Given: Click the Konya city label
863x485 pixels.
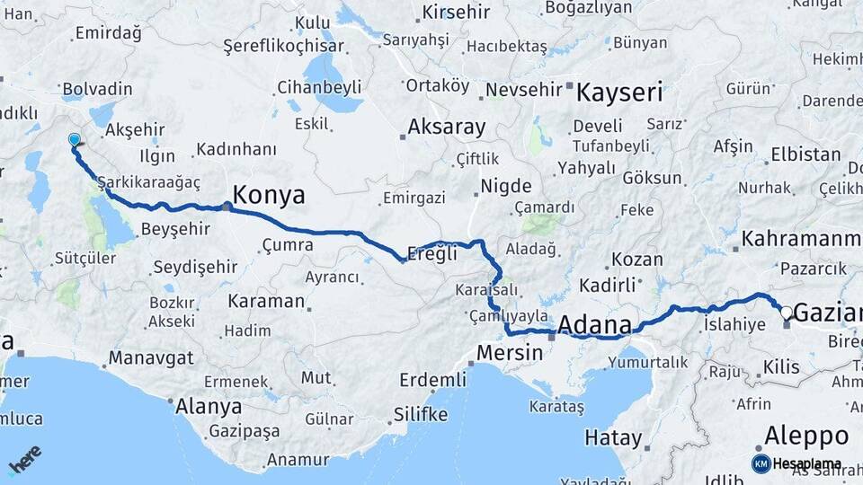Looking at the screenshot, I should click(x=269, y=195).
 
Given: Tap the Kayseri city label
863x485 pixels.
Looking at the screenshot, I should click(x=619, y=92).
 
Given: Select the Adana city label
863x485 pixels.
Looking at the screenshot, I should click(x=594, y=324).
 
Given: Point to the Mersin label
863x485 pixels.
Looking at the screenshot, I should click(x=510, y=352).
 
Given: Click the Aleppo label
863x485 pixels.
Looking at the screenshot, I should click(x=806, y=436).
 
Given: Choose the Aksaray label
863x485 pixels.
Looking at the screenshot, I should click(x=447, y=127).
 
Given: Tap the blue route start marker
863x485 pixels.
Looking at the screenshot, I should click(x=75, y=140).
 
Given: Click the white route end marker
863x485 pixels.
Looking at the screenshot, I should click(x=787, y=313).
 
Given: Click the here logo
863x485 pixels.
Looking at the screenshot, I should click(x=24, y=459).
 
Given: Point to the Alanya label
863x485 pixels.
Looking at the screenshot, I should click(x=209, y=406).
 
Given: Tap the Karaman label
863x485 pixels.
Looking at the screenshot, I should click(x=266, y=300).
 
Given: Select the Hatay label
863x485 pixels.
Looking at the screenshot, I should click(x=613, y=439).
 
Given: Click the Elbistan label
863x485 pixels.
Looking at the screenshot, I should click(x=805, y=154).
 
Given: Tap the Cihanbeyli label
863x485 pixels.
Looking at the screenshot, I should click(x=319, y=88).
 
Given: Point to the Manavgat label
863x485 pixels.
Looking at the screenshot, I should click(x=151, y=358).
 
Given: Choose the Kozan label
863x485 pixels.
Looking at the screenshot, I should click(x=636, y=260).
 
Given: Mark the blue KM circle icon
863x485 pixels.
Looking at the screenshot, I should click(x=761, y=463).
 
